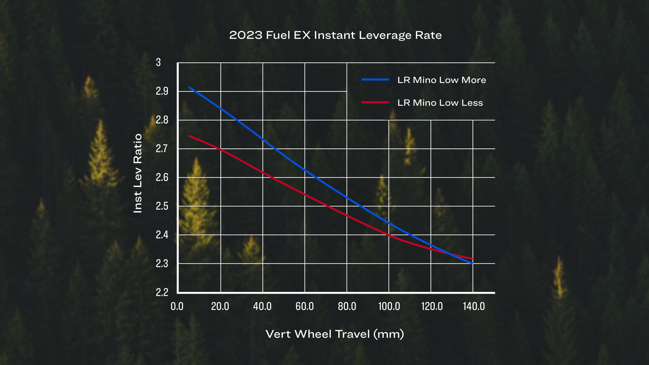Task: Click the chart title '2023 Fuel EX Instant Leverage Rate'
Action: [x=335, y=35]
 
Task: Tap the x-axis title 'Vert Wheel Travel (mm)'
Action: [x=335, y=334]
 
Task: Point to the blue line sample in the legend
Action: [x=375, y=80]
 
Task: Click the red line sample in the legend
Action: [x=375, y=102]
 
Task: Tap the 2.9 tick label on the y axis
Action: [x=162, y=91]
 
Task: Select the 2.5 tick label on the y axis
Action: [x=162, y=206]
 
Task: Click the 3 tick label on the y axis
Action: [x=158, y=62]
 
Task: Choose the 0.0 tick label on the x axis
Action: [x=177, y=306]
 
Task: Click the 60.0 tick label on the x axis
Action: [x=305, y=306]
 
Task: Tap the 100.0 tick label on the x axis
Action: [x=389, y=306]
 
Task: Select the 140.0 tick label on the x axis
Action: [x=474, y=306]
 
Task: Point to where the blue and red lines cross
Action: [x=450, y=253]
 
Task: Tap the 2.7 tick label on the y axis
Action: [x=162, y=149]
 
